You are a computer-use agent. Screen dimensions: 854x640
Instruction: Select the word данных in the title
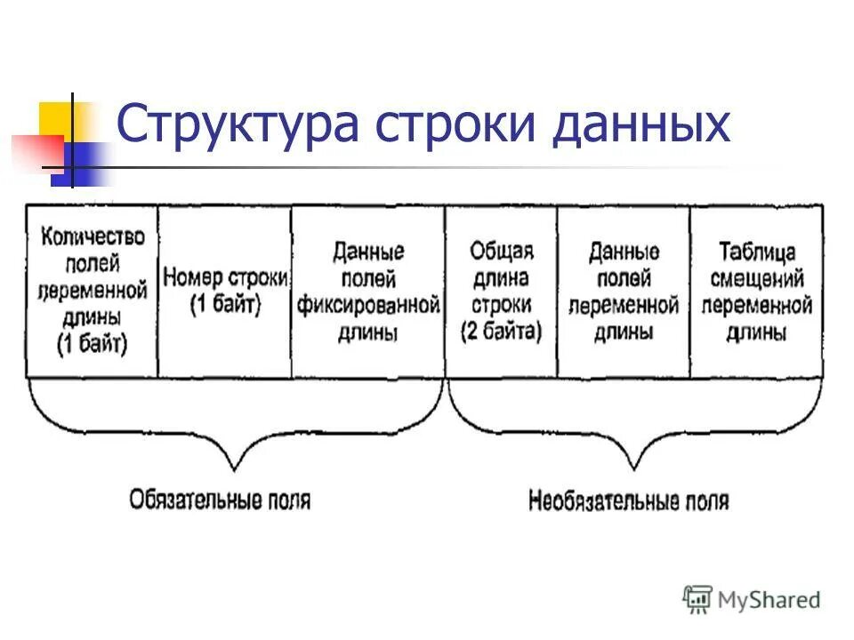pyautogui.click(x=640, y=124)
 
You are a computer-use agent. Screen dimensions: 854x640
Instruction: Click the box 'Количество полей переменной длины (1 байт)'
pyautogui.click(x=92, y=291)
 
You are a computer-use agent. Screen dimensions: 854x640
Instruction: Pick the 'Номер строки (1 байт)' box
pyautogui.click(x=225, y=291)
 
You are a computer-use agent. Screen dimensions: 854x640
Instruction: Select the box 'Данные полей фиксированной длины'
pyautogui.click(x=368, y=291)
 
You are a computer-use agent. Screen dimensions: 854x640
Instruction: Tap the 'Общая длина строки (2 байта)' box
pyautogui.click(x=501, y=291)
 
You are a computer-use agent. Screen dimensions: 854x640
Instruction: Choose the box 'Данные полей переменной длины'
pyautogui.click(x=623, y=291)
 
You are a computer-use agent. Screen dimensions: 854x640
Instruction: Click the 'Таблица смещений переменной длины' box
pyautogui.click(x=756, y=291)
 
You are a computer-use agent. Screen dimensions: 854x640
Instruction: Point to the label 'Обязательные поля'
pyautogui.click(x=220, y=499)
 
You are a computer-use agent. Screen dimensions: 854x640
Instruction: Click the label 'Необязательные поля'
pyautogui.click(x=628, y=501)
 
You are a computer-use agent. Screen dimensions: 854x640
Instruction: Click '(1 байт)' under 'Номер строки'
pyautogui.click(x=225, y=305)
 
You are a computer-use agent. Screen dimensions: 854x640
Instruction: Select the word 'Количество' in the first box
pyautogui.click(x=92, y=237)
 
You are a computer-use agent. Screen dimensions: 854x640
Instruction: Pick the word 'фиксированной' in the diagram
pyautogui.click(x=368, y=307)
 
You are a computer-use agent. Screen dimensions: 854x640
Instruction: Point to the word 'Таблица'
pyautogui.click(x=756, y=252)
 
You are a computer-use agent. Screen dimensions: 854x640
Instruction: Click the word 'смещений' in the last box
pyautogui.click(x=756, y=279)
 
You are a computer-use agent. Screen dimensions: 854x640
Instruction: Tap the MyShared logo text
pyautogui.click(x=769, y=600)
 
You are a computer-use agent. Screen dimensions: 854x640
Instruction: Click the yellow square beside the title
pyautogui.click(x=55, y=119)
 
